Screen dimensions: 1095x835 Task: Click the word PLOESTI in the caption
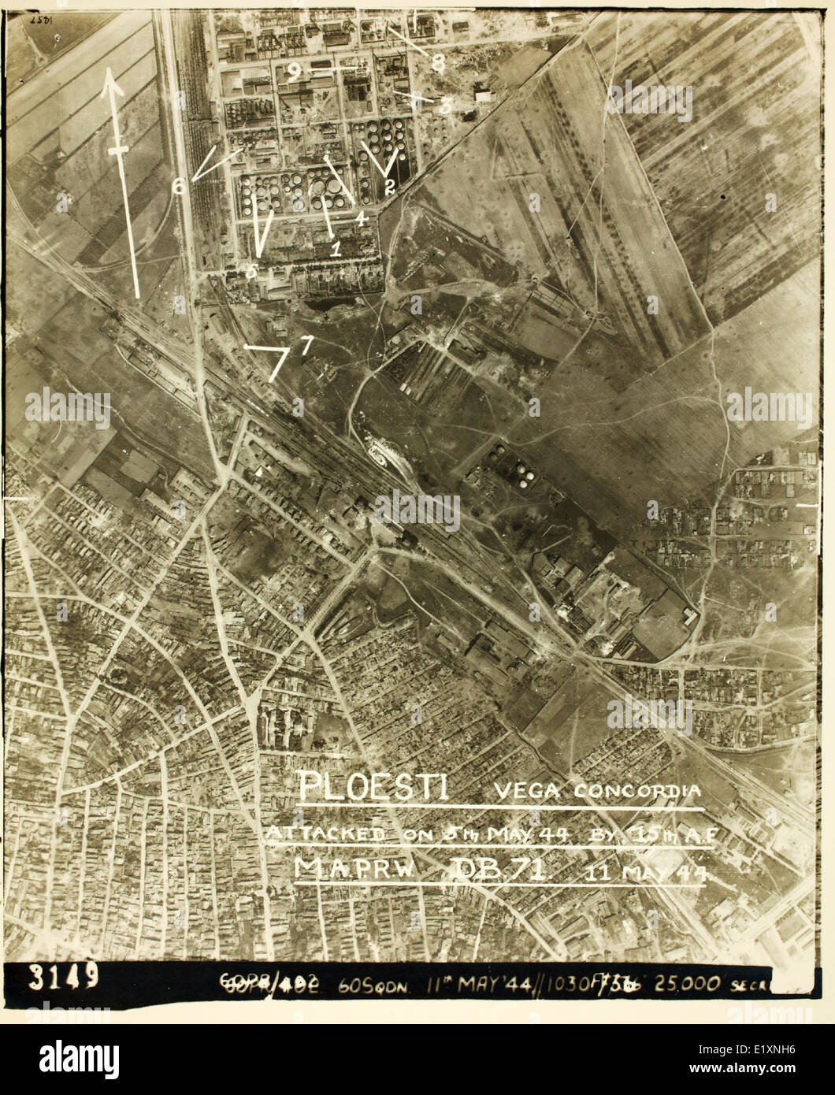373,786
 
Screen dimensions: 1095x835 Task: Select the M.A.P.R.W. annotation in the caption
346,868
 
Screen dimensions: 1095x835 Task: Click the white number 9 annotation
294,72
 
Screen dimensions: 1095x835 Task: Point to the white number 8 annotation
438,65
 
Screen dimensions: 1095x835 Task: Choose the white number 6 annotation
180,186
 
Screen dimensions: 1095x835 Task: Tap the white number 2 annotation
389,187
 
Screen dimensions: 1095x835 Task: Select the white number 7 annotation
306,344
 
